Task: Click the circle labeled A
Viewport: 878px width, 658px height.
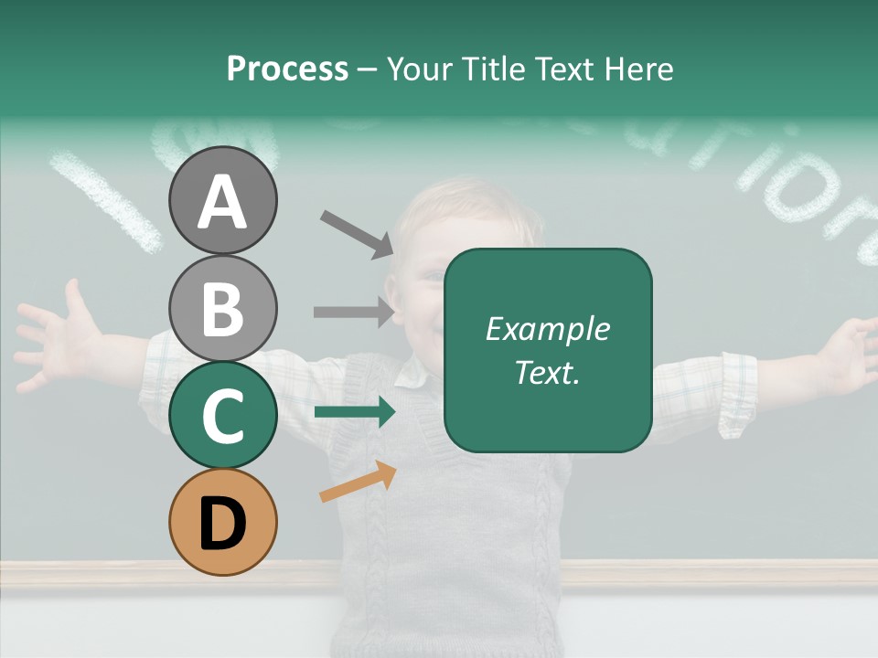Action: [x=222, y=200]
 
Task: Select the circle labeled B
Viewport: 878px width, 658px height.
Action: [x=222, y=308]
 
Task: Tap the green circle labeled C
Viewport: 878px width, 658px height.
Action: [x=222, y=415]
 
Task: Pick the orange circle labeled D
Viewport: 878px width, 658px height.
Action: [x=222, y=522]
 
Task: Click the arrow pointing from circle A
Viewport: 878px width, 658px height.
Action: [x=357, y=233]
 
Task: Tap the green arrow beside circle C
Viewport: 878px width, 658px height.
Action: [x=354, y=412]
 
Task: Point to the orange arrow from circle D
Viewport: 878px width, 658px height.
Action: [x=358, y=483]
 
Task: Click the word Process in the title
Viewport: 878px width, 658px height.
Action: [x=287, y=69]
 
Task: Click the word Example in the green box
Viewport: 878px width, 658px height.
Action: [x=547, y=329]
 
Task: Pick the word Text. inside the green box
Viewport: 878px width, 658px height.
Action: [x=547, y=373]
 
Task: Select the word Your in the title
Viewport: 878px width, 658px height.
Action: [x=422, y=69]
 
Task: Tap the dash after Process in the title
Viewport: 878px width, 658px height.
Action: [x=367, y=70]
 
